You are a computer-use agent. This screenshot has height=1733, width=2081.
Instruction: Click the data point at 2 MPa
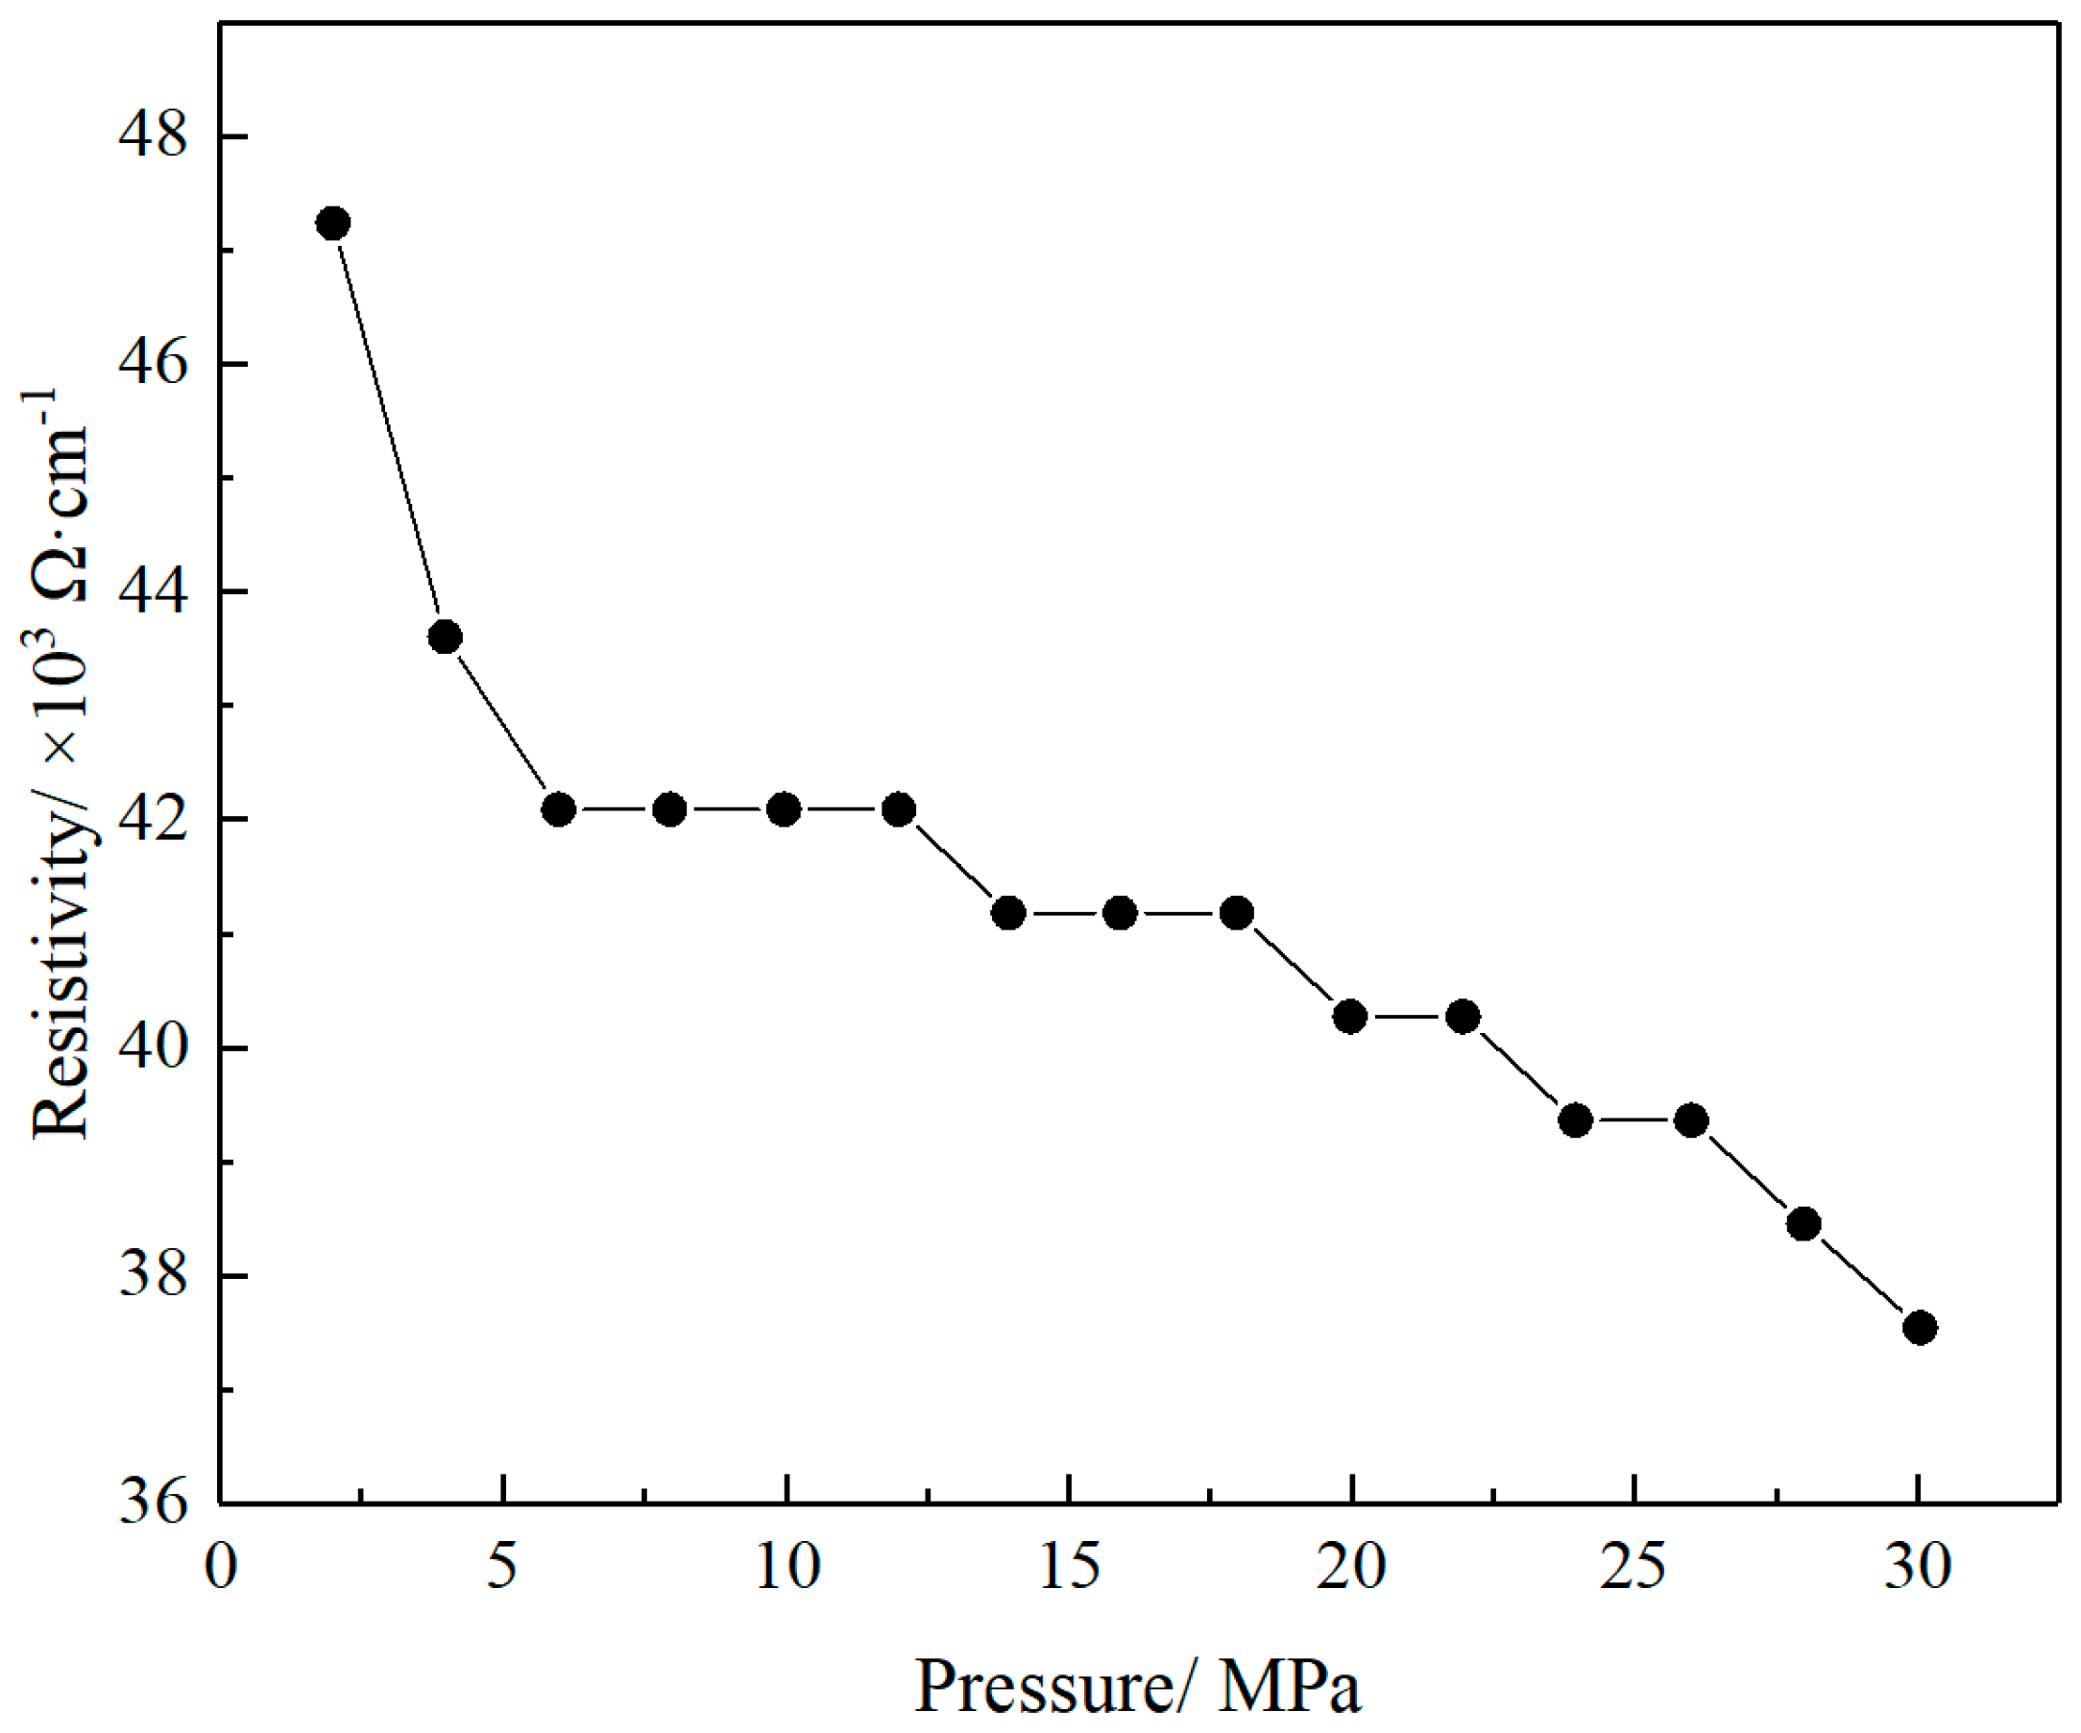tap(333, 224)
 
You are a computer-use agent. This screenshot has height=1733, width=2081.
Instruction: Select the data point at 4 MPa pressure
tap(445, 638)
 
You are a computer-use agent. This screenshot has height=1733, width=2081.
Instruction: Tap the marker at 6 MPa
tap(559, 809)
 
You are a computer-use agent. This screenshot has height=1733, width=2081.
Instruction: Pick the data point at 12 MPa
tap(899, 809)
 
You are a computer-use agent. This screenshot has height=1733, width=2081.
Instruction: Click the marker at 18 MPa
tap(1237, 912)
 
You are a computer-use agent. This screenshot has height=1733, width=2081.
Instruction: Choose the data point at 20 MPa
tap(1349, 1017)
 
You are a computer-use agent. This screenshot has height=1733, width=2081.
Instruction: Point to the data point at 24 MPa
tap(1576, 1120)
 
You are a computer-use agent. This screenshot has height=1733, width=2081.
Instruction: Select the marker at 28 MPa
tap(1803, 1225)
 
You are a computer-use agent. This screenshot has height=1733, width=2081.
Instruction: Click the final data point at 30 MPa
tap(1920, 1328)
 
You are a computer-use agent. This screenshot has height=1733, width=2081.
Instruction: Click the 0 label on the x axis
tap(220, 1568)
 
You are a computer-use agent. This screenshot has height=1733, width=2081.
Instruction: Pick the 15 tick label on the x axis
tap(1069, 1568)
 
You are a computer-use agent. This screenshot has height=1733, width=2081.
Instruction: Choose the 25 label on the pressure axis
tap(1633, 1568)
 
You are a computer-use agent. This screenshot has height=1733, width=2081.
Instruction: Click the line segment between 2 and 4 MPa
tap(389, 430)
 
